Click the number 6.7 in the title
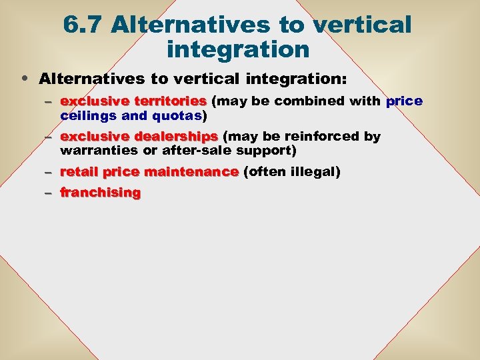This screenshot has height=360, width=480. pos(83,25)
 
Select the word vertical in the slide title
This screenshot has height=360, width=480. pos(361,25)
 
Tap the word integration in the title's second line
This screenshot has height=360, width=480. pos(238,49)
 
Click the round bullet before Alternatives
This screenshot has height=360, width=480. pos(25,79)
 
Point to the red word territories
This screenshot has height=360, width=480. pos(171,101)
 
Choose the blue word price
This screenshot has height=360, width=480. pos(404,101)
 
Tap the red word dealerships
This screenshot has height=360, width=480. pos(177,137)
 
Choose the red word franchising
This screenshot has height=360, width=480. pos(101,193)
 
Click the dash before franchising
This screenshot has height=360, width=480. pos(48,193)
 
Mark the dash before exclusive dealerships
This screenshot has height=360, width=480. pos(48,137)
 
